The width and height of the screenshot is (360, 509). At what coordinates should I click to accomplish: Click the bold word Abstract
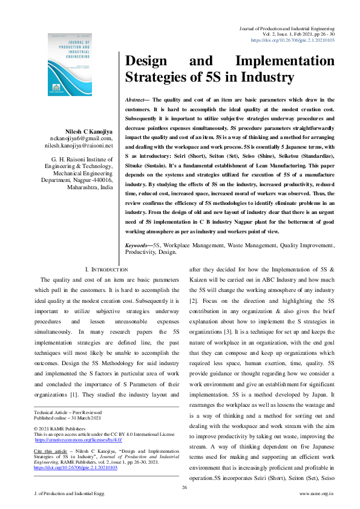(137, 99)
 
